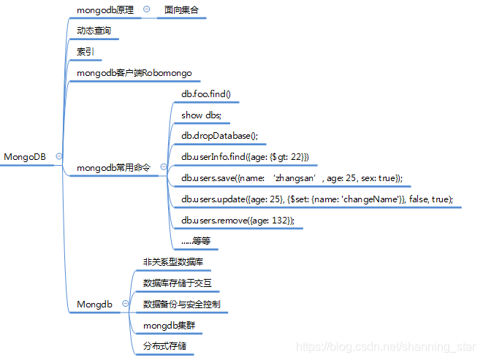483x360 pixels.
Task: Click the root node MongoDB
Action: coord(25,156)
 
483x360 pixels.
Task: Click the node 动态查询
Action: coord(94,31)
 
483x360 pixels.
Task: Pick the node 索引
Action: coord(85,52)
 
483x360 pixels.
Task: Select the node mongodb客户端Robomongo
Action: coord(134,73)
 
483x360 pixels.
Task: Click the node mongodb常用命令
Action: coord(113,167)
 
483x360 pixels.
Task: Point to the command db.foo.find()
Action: coord(206,94)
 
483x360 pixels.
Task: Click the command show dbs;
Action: coord(201,115)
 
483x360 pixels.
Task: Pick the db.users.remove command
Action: coord(238,220)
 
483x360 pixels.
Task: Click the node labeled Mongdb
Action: coord(94,304)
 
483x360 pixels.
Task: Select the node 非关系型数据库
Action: coord(173,261)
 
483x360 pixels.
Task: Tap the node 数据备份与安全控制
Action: coord(181,304)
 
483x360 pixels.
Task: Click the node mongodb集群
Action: coord(169,324)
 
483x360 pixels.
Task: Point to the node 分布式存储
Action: coord(164,345)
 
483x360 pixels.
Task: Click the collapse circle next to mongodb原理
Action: coord(146,9)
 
